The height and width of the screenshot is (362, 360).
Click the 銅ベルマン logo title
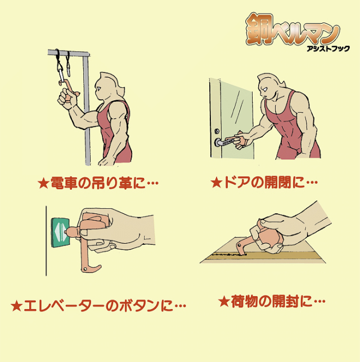click(292, 29)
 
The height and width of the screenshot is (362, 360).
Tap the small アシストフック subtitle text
click(328, 48)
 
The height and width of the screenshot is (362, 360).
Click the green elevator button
click(60, 233)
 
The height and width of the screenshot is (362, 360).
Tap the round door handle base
click(218, 142)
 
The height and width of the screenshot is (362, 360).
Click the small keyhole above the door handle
click(217, 131)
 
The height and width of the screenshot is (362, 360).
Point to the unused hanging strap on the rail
click(68, 64)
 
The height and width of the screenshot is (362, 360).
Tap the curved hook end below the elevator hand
click(93, 269)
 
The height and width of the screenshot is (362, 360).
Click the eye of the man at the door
click(264, 89)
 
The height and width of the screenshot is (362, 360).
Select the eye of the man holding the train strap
click(98, 88)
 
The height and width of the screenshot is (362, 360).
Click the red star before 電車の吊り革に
click(43, 184)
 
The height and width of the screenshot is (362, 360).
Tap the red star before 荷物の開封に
click(224, 301)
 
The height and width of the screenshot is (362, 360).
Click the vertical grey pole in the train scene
click(87, 110)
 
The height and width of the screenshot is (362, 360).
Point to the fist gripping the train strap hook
click(67, 99)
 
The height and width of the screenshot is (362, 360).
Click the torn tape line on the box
click(228, 254)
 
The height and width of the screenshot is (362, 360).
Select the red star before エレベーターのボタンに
click(17, 306)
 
